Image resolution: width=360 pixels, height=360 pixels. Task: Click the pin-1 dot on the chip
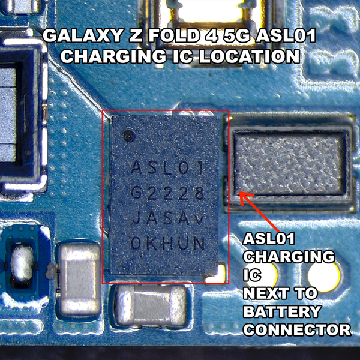pos(128,135)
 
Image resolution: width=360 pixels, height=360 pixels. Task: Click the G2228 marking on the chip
pos(169,193)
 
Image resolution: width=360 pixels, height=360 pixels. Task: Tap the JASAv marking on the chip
pos(169,218)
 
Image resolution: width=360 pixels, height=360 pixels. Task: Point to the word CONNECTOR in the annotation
pos(296,329)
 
